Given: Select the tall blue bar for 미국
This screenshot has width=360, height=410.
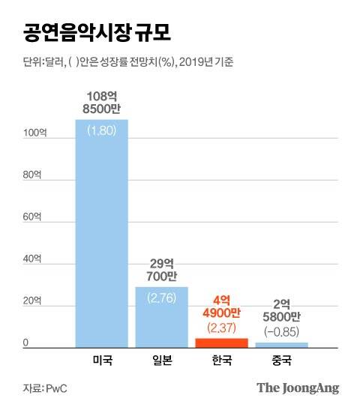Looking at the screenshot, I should click(102, 240).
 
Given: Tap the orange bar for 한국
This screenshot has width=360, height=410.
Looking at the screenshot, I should click(221, 343).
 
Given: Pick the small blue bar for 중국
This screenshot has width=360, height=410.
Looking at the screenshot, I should click(281, 345).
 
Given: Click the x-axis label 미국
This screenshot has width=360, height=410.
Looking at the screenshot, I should click(102, 360).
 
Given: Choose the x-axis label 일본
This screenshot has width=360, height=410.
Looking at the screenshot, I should click(161, 360).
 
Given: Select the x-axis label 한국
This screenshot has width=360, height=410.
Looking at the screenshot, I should click(221, 360).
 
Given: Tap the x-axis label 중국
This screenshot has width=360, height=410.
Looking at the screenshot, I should click(281, 360).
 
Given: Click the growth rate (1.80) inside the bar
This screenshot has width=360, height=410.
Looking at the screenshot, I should click(101, 130).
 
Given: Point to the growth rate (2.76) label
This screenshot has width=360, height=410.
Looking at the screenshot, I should click(161, 298).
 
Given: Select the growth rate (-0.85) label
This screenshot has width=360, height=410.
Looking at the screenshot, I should click(281, 330).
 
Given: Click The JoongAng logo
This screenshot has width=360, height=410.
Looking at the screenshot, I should click(298, 388).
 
